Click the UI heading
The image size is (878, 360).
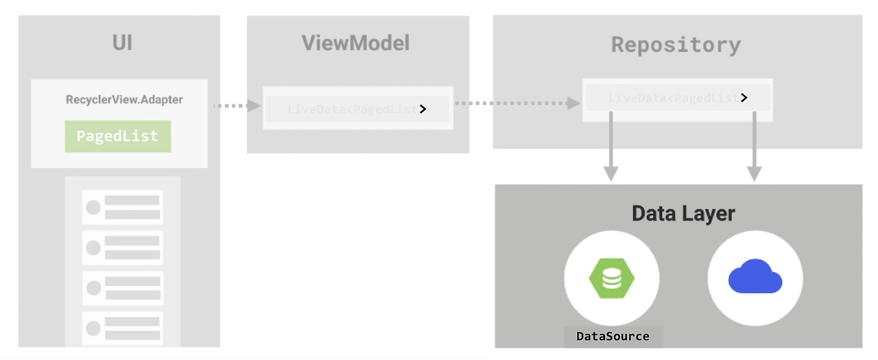(x=122, y=43)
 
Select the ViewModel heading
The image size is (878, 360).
(x=355, y=43)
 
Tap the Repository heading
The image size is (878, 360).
(x=676, y=45)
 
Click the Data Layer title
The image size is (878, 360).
(x=683, y=213)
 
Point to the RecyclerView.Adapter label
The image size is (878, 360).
(x=124, y=99)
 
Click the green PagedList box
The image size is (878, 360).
(x=117, y=136)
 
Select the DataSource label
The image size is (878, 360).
(x=613, y=336)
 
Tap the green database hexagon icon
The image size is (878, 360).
(x=611, y=278)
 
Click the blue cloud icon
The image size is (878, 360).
(x=755, y=277)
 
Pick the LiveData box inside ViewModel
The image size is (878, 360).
(x=357, y=109)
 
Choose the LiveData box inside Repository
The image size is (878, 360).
(x=677, y=99)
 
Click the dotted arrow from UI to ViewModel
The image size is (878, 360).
(x=236, y=106)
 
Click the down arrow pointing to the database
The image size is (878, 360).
(x=610, y=147)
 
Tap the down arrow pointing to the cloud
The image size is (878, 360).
(x=755, y=147)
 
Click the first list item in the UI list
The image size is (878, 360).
(x=122, y=207)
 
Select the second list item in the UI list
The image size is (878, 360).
(x=122, y=248)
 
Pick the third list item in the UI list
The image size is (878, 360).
(x=122, y=288)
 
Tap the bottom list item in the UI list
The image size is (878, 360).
(x=122, y=328)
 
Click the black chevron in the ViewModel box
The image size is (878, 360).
(x=423, y=109)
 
